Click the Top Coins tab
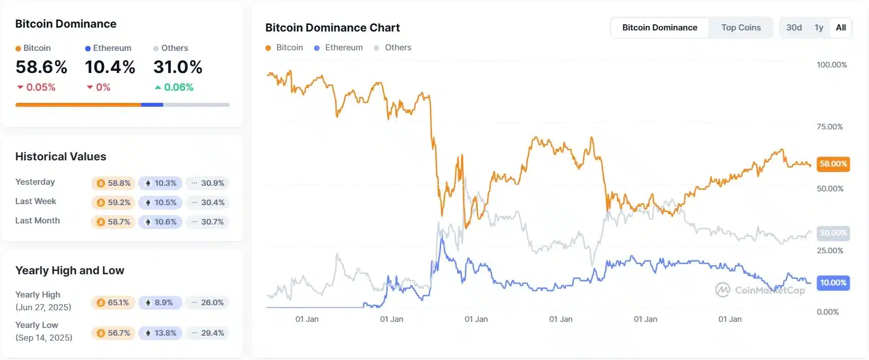point(741,28)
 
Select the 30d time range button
point(794,28)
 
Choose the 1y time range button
point(819,28)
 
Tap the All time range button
point(841,28)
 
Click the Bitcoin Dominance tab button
point(659,28)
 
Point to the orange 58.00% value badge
point(833,164)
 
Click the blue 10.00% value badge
point(833,283)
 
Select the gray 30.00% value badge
point(833,233)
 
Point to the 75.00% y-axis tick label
point(830,127)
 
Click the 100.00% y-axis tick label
point(831,65)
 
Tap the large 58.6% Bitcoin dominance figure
point(41,67)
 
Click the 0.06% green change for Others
point(178,87)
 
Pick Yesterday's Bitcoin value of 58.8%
point(114,183)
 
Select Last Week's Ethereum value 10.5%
point(160,202)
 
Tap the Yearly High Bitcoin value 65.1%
point(113,302)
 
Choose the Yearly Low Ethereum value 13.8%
point(160,333)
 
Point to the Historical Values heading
point(61,156)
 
